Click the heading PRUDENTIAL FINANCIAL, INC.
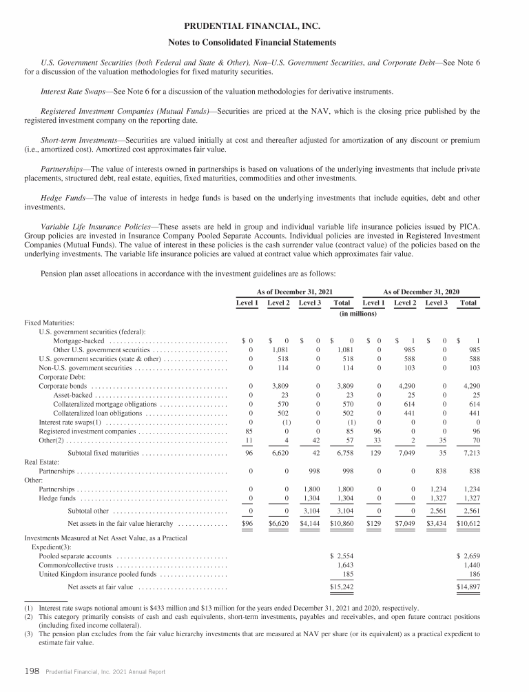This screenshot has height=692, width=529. (x=264, y=27)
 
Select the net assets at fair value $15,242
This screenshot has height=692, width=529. (x=341, y=587)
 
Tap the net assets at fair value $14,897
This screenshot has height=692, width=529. (x=468, y=587)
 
